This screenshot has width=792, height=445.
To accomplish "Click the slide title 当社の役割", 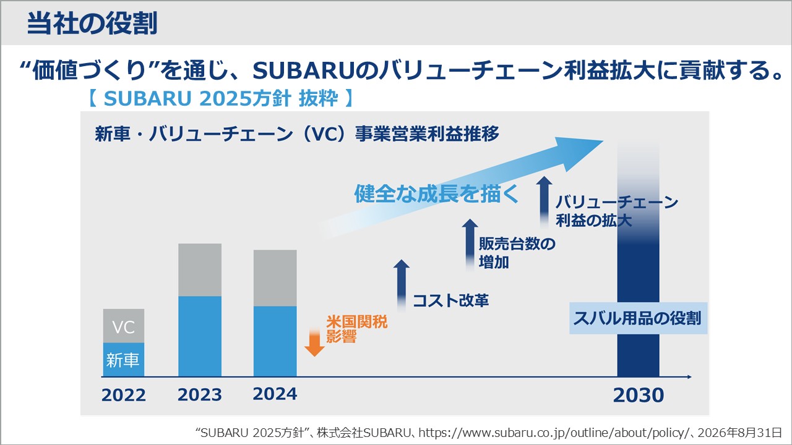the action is pos(92,23).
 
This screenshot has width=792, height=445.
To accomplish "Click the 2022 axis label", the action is pos(123,395).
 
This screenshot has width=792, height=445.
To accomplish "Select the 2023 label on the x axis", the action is pos(199,395).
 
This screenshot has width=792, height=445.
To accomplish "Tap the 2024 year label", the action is pos(275,394).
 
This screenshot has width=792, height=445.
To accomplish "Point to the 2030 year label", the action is pos(639,395).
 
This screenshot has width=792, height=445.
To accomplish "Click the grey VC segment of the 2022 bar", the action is pos(124,326).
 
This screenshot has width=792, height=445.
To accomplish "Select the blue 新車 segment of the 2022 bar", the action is pos(124,360).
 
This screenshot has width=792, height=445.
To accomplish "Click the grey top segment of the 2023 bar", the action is pos(200,270).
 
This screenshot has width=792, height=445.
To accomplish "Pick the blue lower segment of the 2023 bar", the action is pos(200,337).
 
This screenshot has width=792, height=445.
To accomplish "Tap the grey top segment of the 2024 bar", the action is pos(275,278).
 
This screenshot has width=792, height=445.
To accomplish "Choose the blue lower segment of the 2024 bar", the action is pos(275,342).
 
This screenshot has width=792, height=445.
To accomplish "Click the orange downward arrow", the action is pos(314,342).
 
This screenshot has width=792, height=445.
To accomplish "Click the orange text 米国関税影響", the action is pos(356,329).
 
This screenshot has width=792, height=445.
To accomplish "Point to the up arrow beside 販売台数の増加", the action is pos(470,245).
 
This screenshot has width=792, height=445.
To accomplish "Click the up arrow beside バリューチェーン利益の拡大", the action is pos(544,202).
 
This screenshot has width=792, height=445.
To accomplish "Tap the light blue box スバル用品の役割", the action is pos(638,318).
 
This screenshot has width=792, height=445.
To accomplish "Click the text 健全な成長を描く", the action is pos(436,194).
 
